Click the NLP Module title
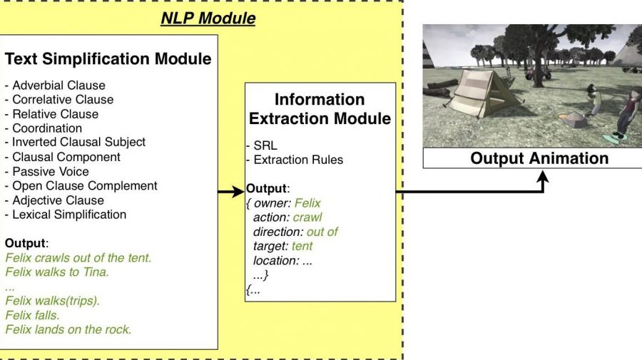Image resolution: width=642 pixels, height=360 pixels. [x=208, y=18]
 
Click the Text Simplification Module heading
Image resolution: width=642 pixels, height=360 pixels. [x=108, y=59]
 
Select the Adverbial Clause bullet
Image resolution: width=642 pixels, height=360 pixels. [x=55, y=85]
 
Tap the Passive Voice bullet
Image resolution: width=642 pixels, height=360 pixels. [x=47, y=171]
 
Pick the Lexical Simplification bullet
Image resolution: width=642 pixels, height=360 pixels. [x=66, y=215]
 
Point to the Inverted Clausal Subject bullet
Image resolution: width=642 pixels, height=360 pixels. [x=76, y=142]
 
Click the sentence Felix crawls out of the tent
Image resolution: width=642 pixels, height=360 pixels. [x=78, y=258]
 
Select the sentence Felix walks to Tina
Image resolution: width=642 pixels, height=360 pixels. [x=57, y=272]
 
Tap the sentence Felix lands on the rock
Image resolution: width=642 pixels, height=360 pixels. [x=68, y=329]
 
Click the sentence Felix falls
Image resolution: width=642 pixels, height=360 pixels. [x=32, y=315]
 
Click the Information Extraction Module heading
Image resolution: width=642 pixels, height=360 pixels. [x=320, y=109]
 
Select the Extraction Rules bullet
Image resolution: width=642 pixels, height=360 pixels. [x=295, y=160]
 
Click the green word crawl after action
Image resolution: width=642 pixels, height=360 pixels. [x=307, y=217]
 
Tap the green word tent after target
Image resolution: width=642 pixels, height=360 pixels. [x=302, y=246]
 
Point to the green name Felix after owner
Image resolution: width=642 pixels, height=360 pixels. [x=307, y=203]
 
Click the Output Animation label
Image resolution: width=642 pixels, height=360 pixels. [x=539, y=158]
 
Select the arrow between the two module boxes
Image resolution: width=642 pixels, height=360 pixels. [x=231, y=191]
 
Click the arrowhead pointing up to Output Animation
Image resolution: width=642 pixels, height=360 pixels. [x=543, y=177]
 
